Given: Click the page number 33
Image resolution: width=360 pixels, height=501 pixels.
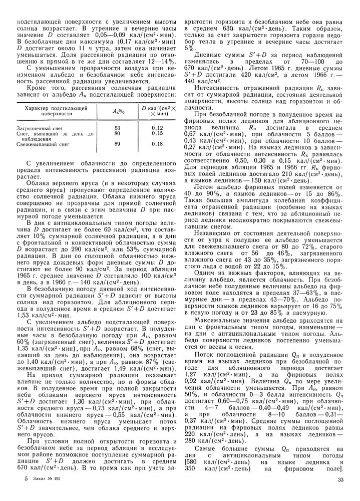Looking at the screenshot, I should [x=340, y=480].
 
